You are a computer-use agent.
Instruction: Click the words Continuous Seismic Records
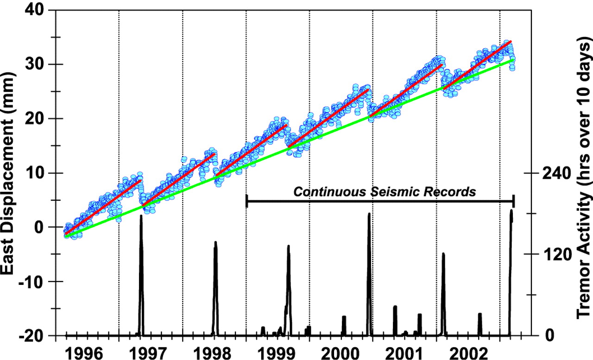tap(385, 191)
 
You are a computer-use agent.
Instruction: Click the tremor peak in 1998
tap(215, 243)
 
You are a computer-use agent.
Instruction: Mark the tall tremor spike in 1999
tap(288, 247)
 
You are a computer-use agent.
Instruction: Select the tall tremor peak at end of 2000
tap(369, 215)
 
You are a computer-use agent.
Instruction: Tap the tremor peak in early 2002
tap(443, 254)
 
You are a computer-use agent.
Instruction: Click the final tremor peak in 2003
tap(511, 211)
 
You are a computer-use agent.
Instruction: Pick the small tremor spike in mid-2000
tap(344, 317)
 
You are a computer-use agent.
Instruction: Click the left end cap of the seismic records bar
tap(246, 201)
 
